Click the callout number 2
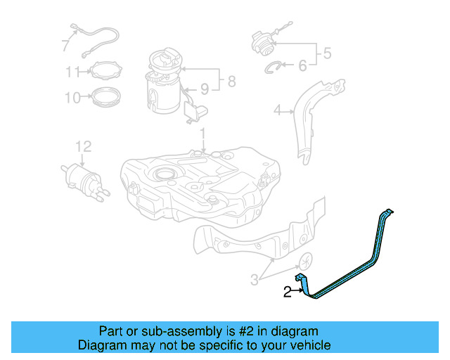tap(287, 292)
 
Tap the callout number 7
tap(65, 46)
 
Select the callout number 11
tap(74, 72)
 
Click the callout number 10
tap(73, 98)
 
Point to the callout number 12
tap(84, 146)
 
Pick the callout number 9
tap(205, 89)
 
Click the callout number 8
tap(231, 82)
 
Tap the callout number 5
tap(326, 52)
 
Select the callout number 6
tap(303, 65)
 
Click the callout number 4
tap(277, 110)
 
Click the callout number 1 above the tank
tap(202, 133)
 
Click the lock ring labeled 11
tap(101, 71)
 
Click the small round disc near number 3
tap(307, 261)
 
